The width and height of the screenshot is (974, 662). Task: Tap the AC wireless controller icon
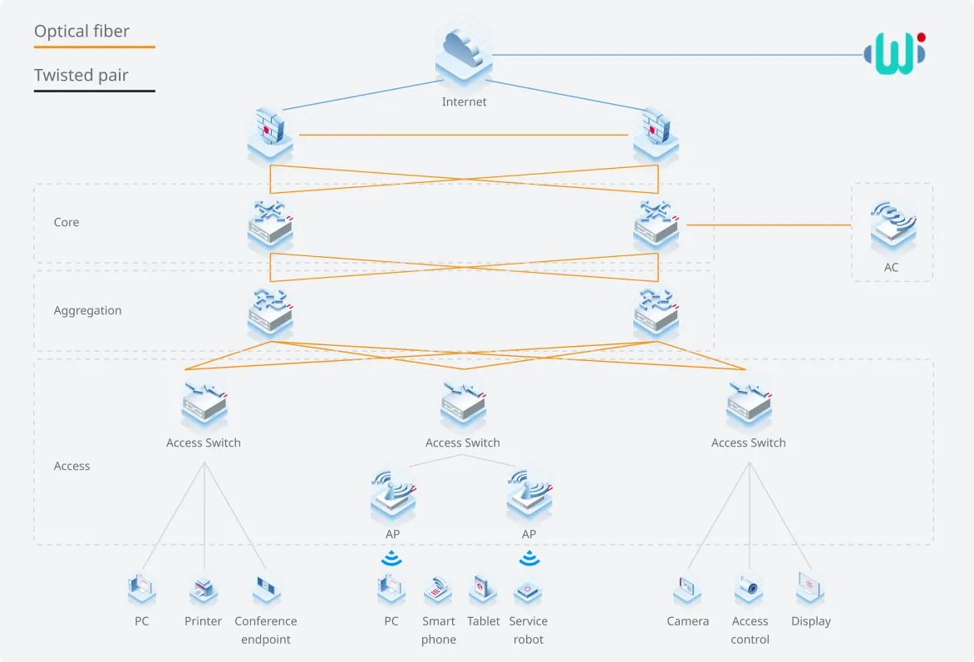click(x=893, y=226)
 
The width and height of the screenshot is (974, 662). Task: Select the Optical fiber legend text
click(x=82, y=31)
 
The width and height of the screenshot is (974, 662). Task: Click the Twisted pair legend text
click(x=81, y=75)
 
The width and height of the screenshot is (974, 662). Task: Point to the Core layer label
click(x=66, y=222)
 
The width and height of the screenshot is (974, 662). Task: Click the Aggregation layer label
click(x=87, y=310)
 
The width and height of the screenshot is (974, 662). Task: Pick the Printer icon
click(x=203, y=590)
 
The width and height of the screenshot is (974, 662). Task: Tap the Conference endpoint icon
click(x=267, y=590)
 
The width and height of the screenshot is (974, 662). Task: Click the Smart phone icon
click(x=438, y=590)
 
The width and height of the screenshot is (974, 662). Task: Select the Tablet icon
click(x=483, y=590)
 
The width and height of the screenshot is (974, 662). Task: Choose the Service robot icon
click(x=528, y=591)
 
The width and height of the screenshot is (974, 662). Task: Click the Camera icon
click(x=687, y=590)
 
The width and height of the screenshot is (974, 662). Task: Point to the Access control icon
click(x=749, y=590)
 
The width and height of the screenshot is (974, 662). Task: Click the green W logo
click(x=894, y=53)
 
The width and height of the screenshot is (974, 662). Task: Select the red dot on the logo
click(x=921, y=37)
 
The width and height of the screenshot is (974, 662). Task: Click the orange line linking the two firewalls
click(x=464, y=135)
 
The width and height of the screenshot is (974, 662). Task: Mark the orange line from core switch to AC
click(x=769, y=225)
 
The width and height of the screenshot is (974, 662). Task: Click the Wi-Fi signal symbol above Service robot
click(x=529, y=558)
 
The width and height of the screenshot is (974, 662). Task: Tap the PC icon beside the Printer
click(x=141, y=590)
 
